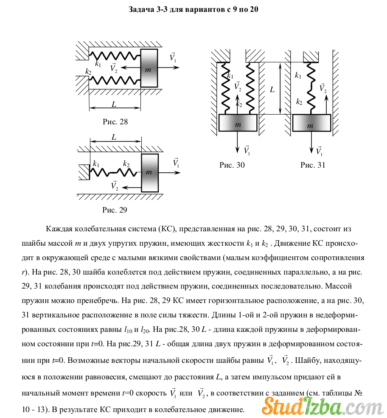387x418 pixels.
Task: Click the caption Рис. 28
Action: click(115, 122)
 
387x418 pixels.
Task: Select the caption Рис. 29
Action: click(115, 210)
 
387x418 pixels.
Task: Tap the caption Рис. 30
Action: click(232, 165)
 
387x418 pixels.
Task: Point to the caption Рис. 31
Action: click(313, 165)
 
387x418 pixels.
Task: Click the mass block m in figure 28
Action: click(149, 68)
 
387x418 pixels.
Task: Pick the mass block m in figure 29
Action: click(149, 172)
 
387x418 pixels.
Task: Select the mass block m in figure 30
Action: click(238, 123)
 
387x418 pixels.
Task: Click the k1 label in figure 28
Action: click(98, 64)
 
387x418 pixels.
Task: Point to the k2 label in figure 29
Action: click(126, 163)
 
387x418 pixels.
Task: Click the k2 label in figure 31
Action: click(299, 102)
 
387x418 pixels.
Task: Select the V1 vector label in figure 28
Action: click(173, 57)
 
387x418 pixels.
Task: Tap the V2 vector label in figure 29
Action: click(114, 185)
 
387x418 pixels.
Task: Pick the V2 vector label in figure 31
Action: click(323, 88)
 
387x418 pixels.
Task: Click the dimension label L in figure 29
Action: click(114, 137)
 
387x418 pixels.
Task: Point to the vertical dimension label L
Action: click(272, 90)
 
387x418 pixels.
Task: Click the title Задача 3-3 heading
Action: click(193, 9)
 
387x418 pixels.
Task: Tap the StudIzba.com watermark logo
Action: click(311, 405)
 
